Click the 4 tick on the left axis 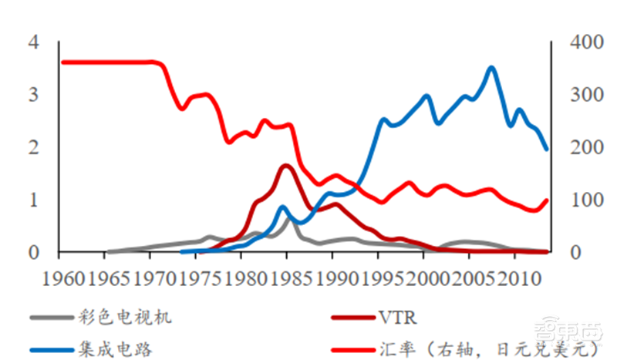[x=33, y=42]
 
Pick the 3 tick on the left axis [x=33, y=95]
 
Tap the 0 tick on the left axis [x=33, y=253]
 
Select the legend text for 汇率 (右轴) [x=463, y=349]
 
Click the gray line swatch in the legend [x=50, y=317]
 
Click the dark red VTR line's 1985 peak [x=285, y=165]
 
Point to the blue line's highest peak [x=491, y=68]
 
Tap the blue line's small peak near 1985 [x=283, y=207]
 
